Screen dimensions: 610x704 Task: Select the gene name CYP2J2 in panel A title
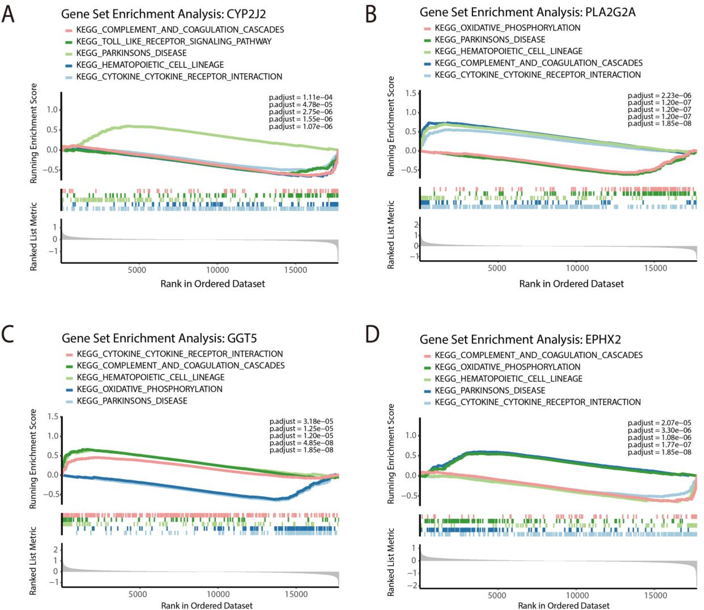coord(246,14)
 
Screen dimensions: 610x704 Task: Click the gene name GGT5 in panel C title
coord(242,338)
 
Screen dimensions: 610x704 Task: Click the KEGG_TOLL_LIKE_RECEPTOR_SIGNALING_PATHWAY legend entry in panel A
coord(173,42)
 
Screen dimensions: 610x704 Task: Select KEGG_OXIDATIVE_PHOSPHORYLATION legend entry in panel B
coord(507,28)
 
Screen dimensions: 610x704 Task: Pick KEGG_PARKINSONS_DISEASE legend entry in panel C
coord(132,401)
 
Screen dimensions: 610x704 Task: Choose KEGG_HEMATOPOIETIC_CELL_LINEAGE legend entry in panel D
coord(508,379)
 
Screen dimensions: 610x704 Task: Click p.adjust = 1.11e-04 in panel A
coord(300,97)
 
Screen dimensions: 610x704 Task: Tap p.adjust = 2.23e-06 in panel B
coord(659,95)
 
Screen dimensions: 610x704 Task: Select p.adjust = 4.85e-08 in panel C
coord(301,443)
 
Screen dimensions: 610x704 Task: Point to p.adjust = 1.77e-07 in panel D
coord(659,445)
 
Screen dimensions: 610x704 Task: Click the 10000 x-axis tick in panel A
coord(217,270)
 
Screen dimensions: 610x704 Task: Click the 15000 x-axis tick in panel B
coord(655,268)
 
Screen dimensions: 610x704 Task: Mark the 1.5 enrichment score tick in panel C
coord(53,416)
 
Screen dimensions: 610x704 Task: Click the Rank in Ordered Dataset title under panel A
coord(213,284)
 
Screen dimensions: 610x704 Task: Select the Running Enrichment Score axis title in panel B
coord(391,126)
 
